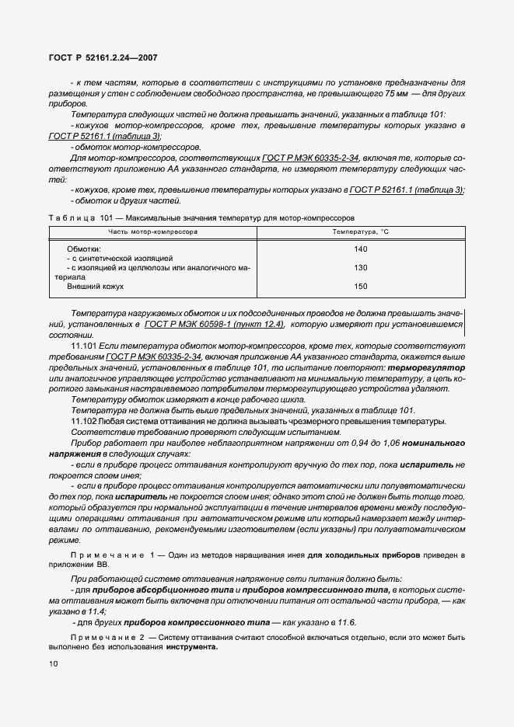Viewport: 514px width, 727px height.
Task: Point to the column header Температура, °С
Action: (x=360, y=232)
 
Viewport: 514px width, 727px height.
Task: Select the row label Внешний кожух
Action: (x=96, y=287)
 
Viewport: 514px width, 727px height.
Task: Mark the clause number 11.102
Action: (x=82, y=421)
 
